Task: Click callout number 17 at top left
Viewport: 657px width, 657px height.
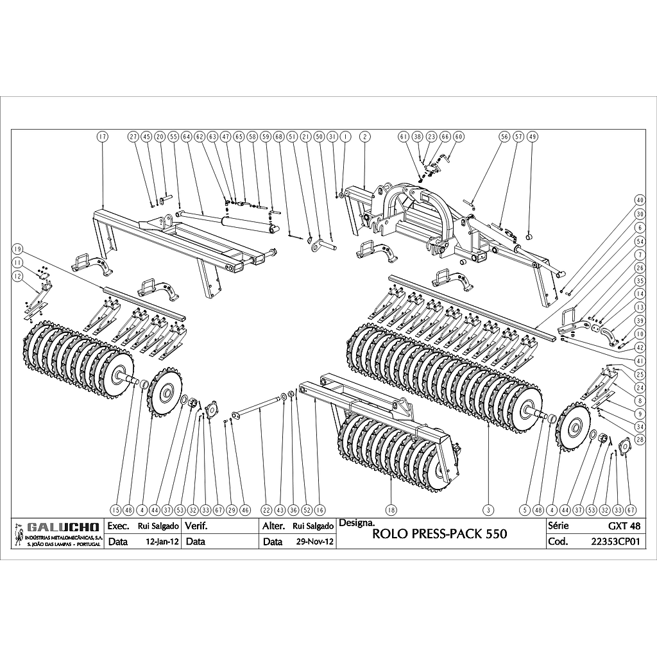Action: tap(103, 137)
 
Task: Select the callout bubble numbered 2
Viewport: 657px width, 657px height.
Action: tap(364, 137)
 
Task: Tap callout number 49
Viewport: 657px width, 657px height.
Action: tap(531, 137)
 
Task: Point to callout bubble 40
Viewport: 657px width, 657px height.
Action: tap(639, 199)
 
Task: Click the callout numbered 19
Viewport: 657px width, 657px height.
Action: tap(18, 249)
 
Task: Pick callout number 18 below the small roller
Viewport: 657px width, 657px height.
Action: tap(391, 510)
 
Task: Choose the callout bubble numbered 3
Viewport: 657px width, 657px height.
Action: tap(489, 510)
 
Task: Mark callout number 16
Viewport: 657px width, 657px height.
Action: tap(320, 510)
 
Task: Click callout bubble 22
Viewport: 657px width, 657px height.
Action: tap(266, 510)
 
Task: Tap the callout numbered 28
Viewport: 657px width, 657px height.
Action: tap(639, 439)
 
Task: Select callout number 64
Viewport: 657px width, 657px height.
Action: tap(187, 137)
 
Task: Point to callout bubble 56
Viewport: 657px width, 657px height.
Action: tap(504, 137)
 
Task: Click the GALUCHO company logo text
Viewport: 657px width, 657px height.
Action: tap(63, 527)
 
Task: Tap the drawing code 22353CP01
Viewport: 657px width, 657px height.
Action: tap(615, 542)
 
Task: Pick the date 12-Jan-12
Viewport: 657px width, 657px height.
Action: tap(160, 542)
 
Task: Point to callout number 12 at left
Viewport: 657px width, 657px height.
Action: tap(18, 275)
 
